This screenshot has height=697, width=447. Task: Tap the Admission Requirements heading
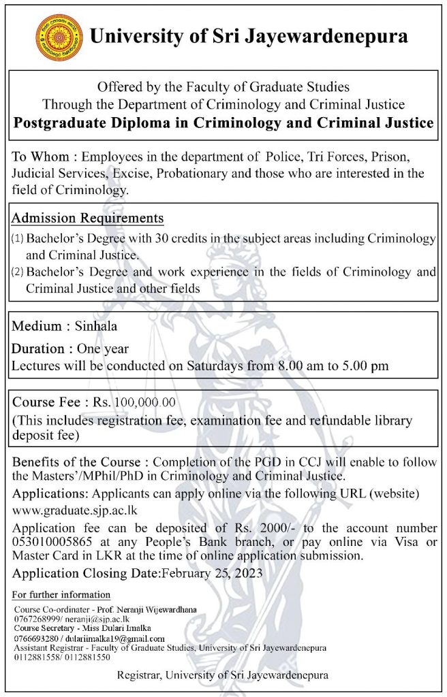(x=88, y=218)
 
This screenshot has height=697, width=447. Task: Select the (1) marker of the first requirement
(x=17, y=241)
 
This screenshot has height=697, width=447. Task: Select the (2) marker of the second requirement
(x=17, y=273)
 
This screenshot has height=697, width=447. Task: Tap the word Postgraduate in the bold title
(x=64, y=124)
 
